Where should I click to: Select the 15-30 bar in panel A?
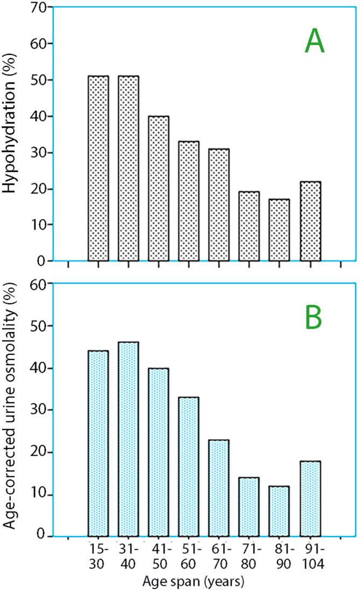coord(98,168)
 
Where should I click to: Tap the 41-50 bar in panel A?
coord(159,188)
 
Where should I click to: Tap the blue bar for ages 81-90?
coord(280,511)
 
